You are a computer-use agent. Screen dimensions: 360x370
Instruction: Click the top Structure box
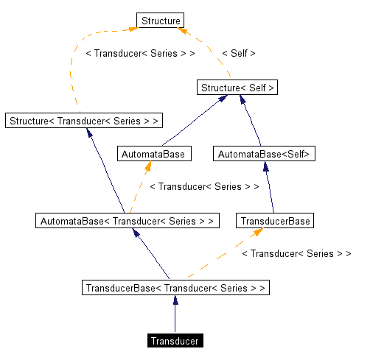(160, 21)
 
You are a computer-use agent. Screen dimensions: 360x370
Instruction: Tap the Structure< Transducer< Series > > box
(83, 120)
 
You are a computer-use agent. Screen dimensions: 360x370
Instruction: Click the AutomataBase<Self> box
(264, 154)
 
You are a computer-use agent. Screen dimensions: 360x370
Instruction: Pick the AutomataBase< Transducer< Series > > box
(128, 220)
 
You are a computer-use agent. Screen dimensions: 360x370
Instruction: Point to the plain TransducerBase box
(275, 220)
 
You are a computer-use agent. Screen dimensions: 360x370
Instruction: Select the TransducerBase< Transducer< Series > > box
(175, 287)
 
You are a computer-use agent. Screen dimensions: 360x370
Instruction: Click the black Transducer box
(175, 341)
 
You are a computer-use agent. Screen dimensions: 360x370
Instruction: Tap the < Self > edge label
(238, 54)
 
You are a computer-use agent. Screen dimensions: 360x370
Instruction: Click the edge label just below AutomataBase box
(204, 187)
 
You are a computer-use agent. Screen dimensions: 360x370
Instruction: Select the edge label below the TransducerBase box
(296, 254)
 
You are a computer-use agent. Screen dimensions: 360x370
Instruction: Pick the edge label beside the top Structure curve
(140, 54)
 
